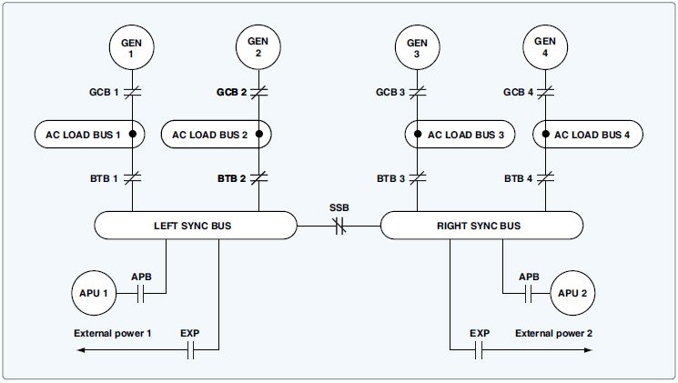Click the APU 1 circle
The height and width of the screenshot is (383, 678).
(x=95, y=293)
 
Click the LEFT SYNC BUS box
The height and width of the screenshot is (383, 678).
(x=196, y=225)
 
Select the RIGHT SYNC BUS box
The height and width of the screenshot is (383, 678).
(x=481, y=225)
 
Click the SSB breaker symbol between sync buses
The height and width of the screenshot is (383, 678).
(x=339, y=225)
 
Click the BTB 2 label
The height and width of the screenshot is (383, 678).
(x=231, y=178)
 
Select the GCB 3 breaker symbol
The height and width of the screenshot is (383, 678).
(x=417, y=92)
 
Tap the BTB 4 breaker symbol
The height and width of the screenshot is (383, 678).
(x=544, y=178)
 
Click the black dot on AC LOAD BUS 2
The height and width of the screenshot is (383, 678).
(x=259, y=135)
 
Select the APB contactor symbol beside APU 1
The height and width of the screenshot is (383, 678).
(x=142, y=293)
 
